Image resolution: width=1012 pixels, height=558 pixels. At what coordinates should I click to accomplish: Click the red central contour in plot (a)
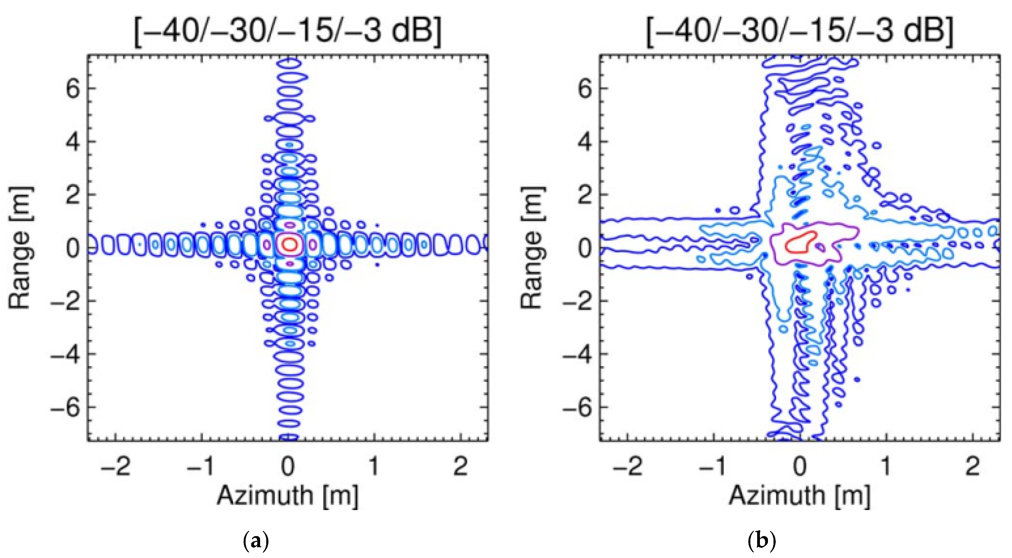289,244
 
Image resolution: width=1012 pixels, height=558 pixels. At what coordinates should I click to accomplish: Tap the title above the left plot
288,31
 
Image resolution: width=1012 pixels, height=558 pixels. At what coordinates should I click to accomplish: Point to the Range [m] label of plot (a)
20,248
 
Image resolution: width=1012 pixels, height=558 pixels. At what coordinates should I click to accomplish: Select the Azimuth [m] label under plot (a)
288,496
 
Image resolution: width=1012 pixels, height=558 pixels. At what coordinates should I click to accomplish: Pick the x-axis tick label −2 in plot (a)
115,466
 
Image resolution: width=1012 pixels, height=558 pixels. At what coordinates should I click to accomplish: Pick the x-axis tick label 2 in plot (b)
972,466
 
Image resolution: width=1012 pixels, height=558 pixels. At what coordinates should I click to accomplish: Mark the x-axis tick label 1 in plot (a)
374,466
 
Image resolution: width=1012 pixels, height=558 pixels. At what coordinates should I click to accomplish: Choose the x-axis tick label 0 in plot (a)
288,466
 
